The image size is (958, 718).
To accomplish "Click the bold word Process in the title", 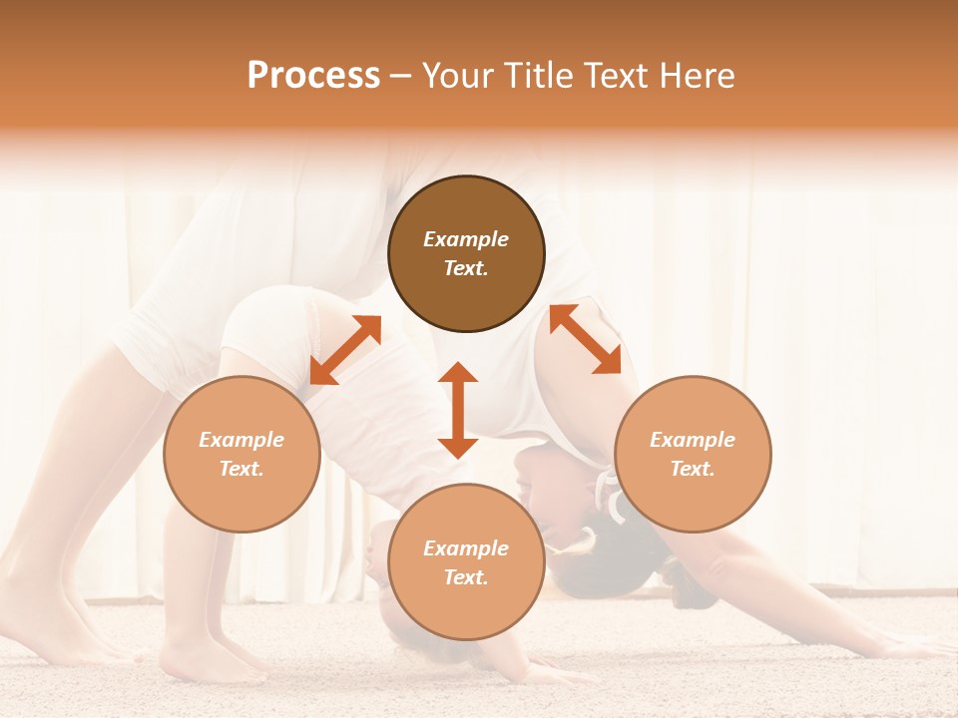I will [313, 76].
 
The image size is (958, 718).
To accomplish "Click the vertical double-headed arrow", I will [458, 410].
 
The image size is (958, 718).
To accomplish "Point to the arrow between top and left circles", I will [345, 350].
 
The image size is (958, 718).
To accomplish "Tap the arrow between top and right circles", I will [585, 339].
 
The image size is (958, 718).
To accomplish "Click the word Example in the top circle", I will [466, 239].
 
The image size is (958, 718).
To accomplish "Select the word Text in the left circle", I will [241, 469].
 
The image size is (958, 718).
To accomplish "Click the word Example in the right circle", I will [693, 440].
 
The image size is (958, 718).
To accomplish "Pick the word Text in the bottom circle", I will [466, 577].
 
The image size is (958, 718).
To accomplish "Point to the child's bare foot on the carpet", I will [200, 663].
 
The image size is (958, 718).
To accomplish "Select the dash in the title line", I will [401, 76].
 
